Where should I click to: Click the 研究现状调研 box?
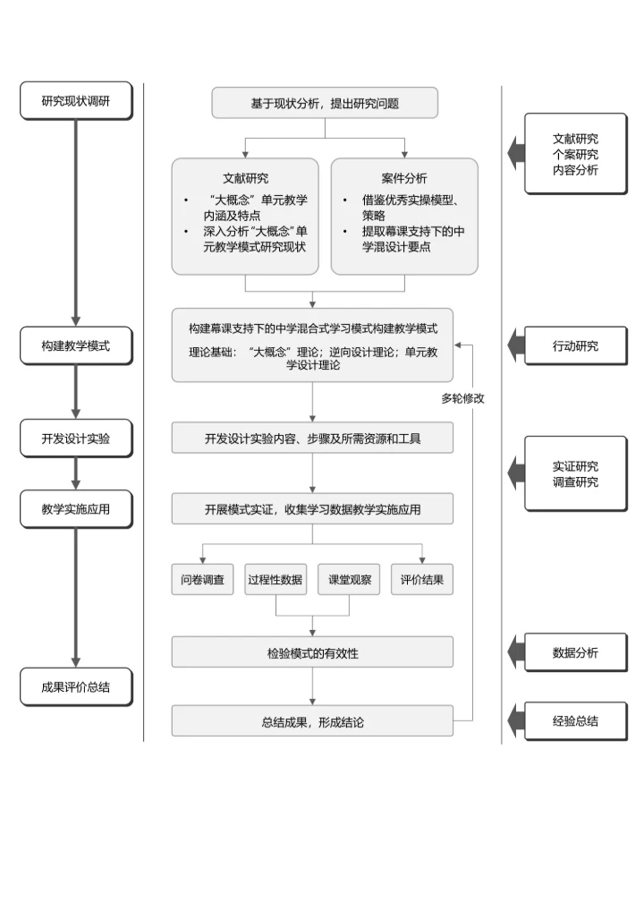pos(75,100)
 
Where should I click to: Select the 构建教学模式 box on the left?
pos(75,345)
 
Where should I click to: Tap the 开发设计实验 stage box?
pos(75,438)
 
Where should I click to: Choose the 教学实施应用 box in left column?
pos(75,509)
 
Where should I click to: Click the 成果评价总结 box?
pos(75,687)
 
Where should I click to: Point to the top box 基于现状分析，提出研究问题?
pos(325,103)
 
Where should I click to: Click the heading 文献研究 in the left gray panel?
pos(245,178)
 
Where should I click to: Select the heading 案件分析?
pos(404,178)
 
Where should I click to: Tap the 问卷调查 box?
pos(203,579)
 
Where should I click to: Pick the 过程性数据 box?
pos(275,579)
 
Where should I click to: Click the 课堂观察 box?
pos(350,579)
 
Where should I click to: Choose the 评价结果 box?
pos(422,579)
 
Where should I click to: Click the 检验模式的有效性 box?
pos(312,653)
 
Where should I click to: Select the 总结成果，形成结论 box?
pos(312,721)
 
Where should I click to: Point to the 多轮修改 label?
pos(462,398)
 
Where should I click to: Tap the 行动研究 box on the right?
pos(575,345)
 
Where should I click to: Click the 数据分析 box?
pos(575,652)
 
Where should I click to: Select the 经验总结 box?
pos(575,720)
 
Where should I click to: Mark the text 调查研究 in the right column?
pos(575,482)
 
